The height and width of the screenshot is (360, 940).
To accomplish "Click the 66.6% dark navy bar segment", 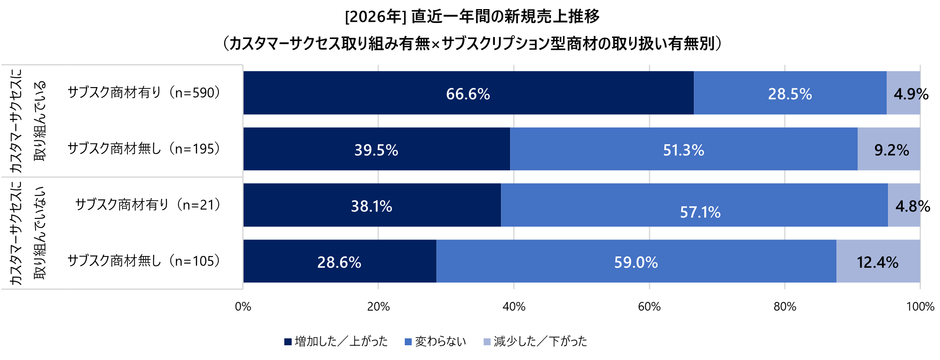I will click(x=468, y=93).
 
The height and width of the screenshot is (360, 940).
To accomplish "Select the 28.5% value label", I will click(x=790, y=94).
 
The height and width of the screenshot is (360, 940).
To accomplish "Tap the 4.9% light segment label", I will click(x=911, y=94).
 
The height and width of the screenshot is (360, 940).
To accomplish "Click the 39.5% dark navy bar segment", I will click(x=376, y=149).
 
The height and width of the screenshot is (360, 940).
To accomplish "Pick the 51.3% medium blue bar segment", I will click(x=683, y=149).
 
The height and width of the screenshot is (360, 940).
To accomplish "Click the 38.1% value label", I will click(x=371, y=206).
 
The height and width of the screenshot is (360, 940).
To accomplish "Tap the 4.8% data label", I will click(x=913, y=206).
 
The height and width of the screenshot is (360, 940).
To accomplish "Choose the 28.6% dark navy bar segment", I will click(x=339, y=262).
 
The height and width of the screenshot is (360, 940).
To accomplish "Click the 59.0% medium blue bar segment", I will click(x=636, y=262).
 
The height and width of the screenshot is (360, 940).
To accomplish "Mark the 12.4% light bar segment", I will click(x=878, y=262).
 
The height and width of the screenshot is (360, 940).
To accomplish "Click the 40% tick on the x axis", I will click(x=514, y=307).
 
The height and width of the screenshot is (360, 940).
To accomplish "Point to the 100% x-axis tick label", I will click(x=920, y=307).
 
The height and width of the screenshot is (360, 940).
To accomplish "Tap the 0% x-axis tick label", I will click(x=243, y=307).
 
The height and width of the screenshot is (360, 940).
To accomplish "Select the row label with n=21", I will click(x=148, y=204).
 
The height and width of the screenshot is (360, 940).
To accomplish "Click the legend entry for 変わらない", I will click(x=435, y=341).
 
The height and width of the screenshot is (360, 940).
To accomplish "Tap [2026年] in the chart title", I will click(x=375, y=16).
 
